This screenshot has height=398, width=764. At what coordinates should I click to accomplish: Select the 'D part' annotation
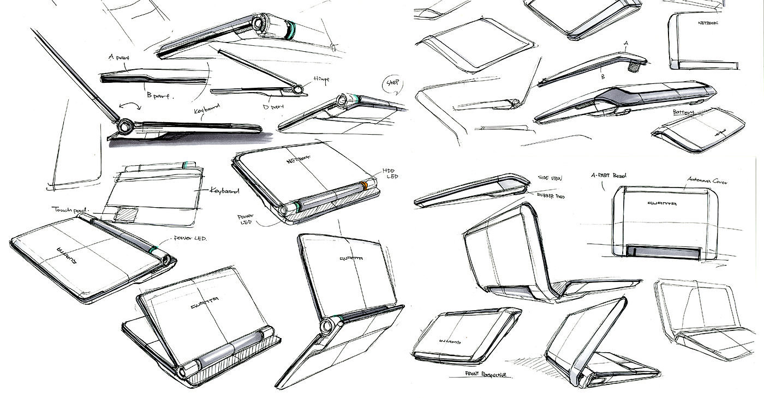tap(274, 107)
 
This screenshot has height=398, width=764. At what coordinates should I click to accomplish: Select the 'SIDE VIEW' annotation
tap(551, 178)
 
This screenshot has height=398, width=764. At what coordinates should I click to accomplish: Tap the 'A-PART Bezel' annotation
tap(609, 176)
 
